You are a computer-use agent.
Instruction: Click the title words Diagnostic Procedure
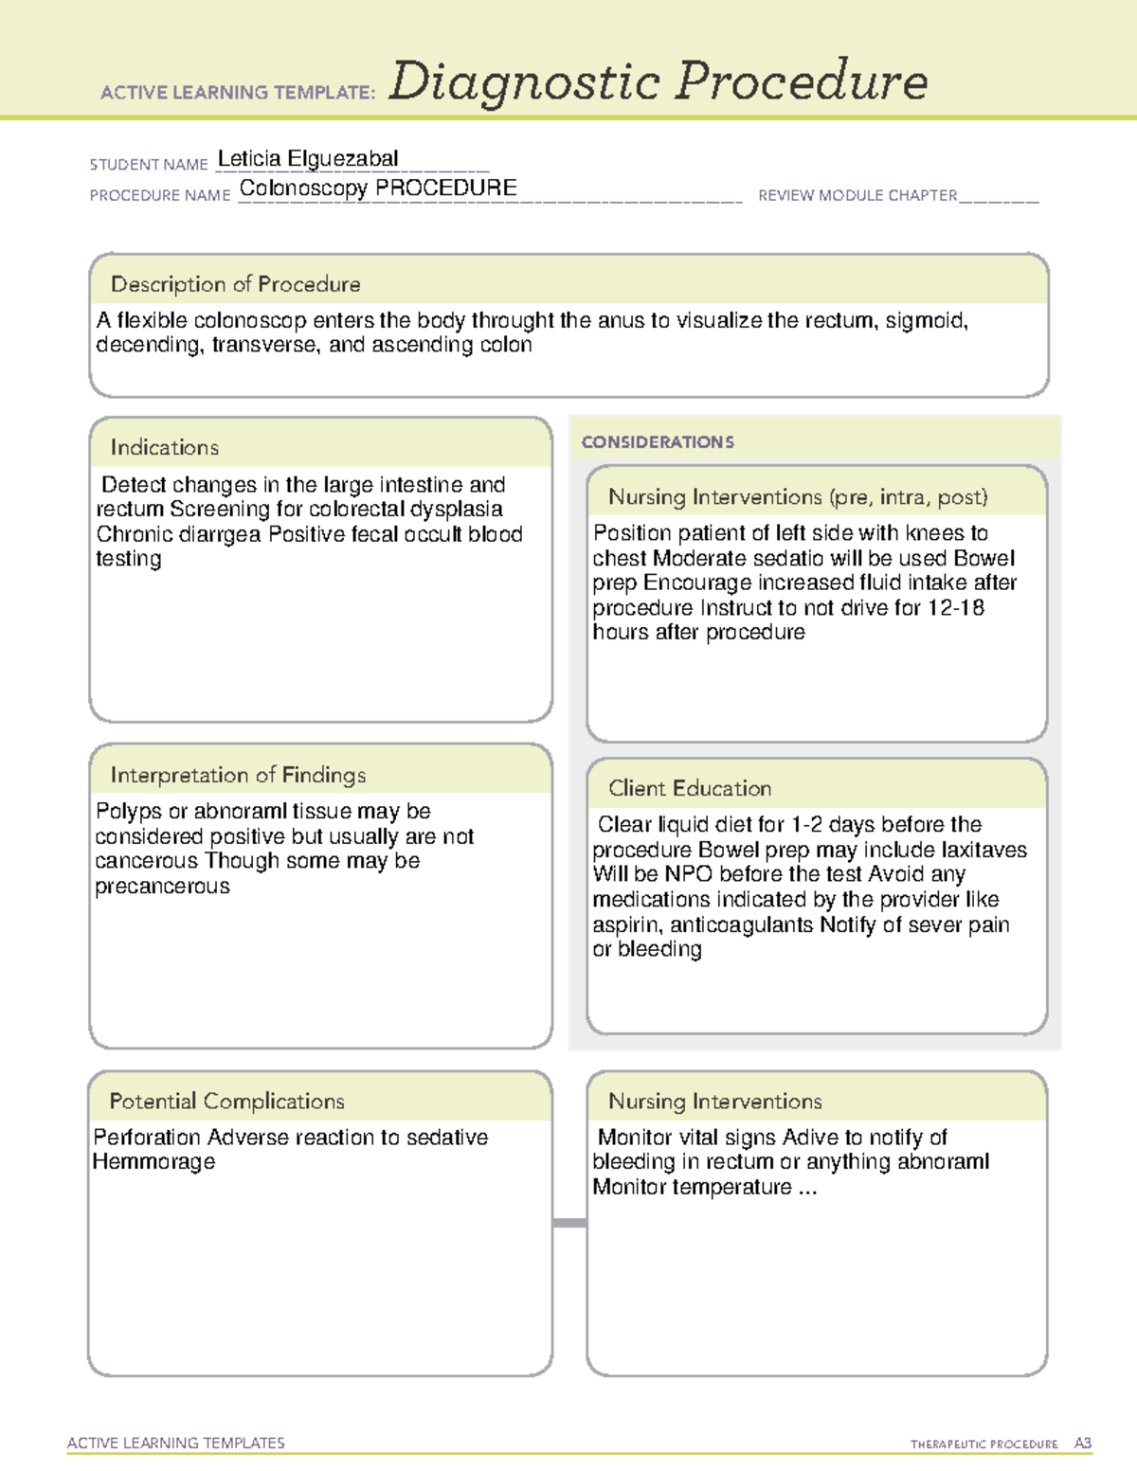658,81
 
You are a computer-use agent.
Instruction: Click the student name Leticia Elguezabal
308,159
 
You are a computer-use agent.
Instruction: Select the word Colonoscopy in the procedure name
303,188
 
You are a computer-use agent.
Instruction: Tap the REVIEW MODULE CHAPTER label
857,196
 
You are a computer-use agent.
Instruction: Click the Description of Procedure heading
235,284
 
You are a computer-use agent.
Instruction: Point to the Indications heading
164,447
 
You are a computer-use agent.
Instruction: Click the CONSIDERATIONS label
658,442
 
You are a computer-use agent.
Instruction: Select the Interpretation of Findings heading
238,775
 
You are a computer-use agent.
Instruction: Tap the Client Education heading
690,788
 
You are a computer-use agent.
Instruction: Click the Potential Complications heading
226,1101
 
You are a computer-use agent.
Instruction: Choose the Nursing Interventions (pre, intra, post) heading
798,497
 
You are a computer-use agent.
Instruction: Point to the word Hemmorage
153,1162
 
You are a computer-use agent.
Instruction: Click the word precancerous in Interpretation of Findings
162,887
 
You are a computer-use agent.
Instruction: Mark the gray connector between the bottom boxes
569,1223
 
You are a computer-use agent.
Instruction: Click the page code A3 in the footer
1082,1444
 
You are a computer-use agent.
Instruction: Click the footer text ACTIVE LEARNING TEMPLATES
176,1443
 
